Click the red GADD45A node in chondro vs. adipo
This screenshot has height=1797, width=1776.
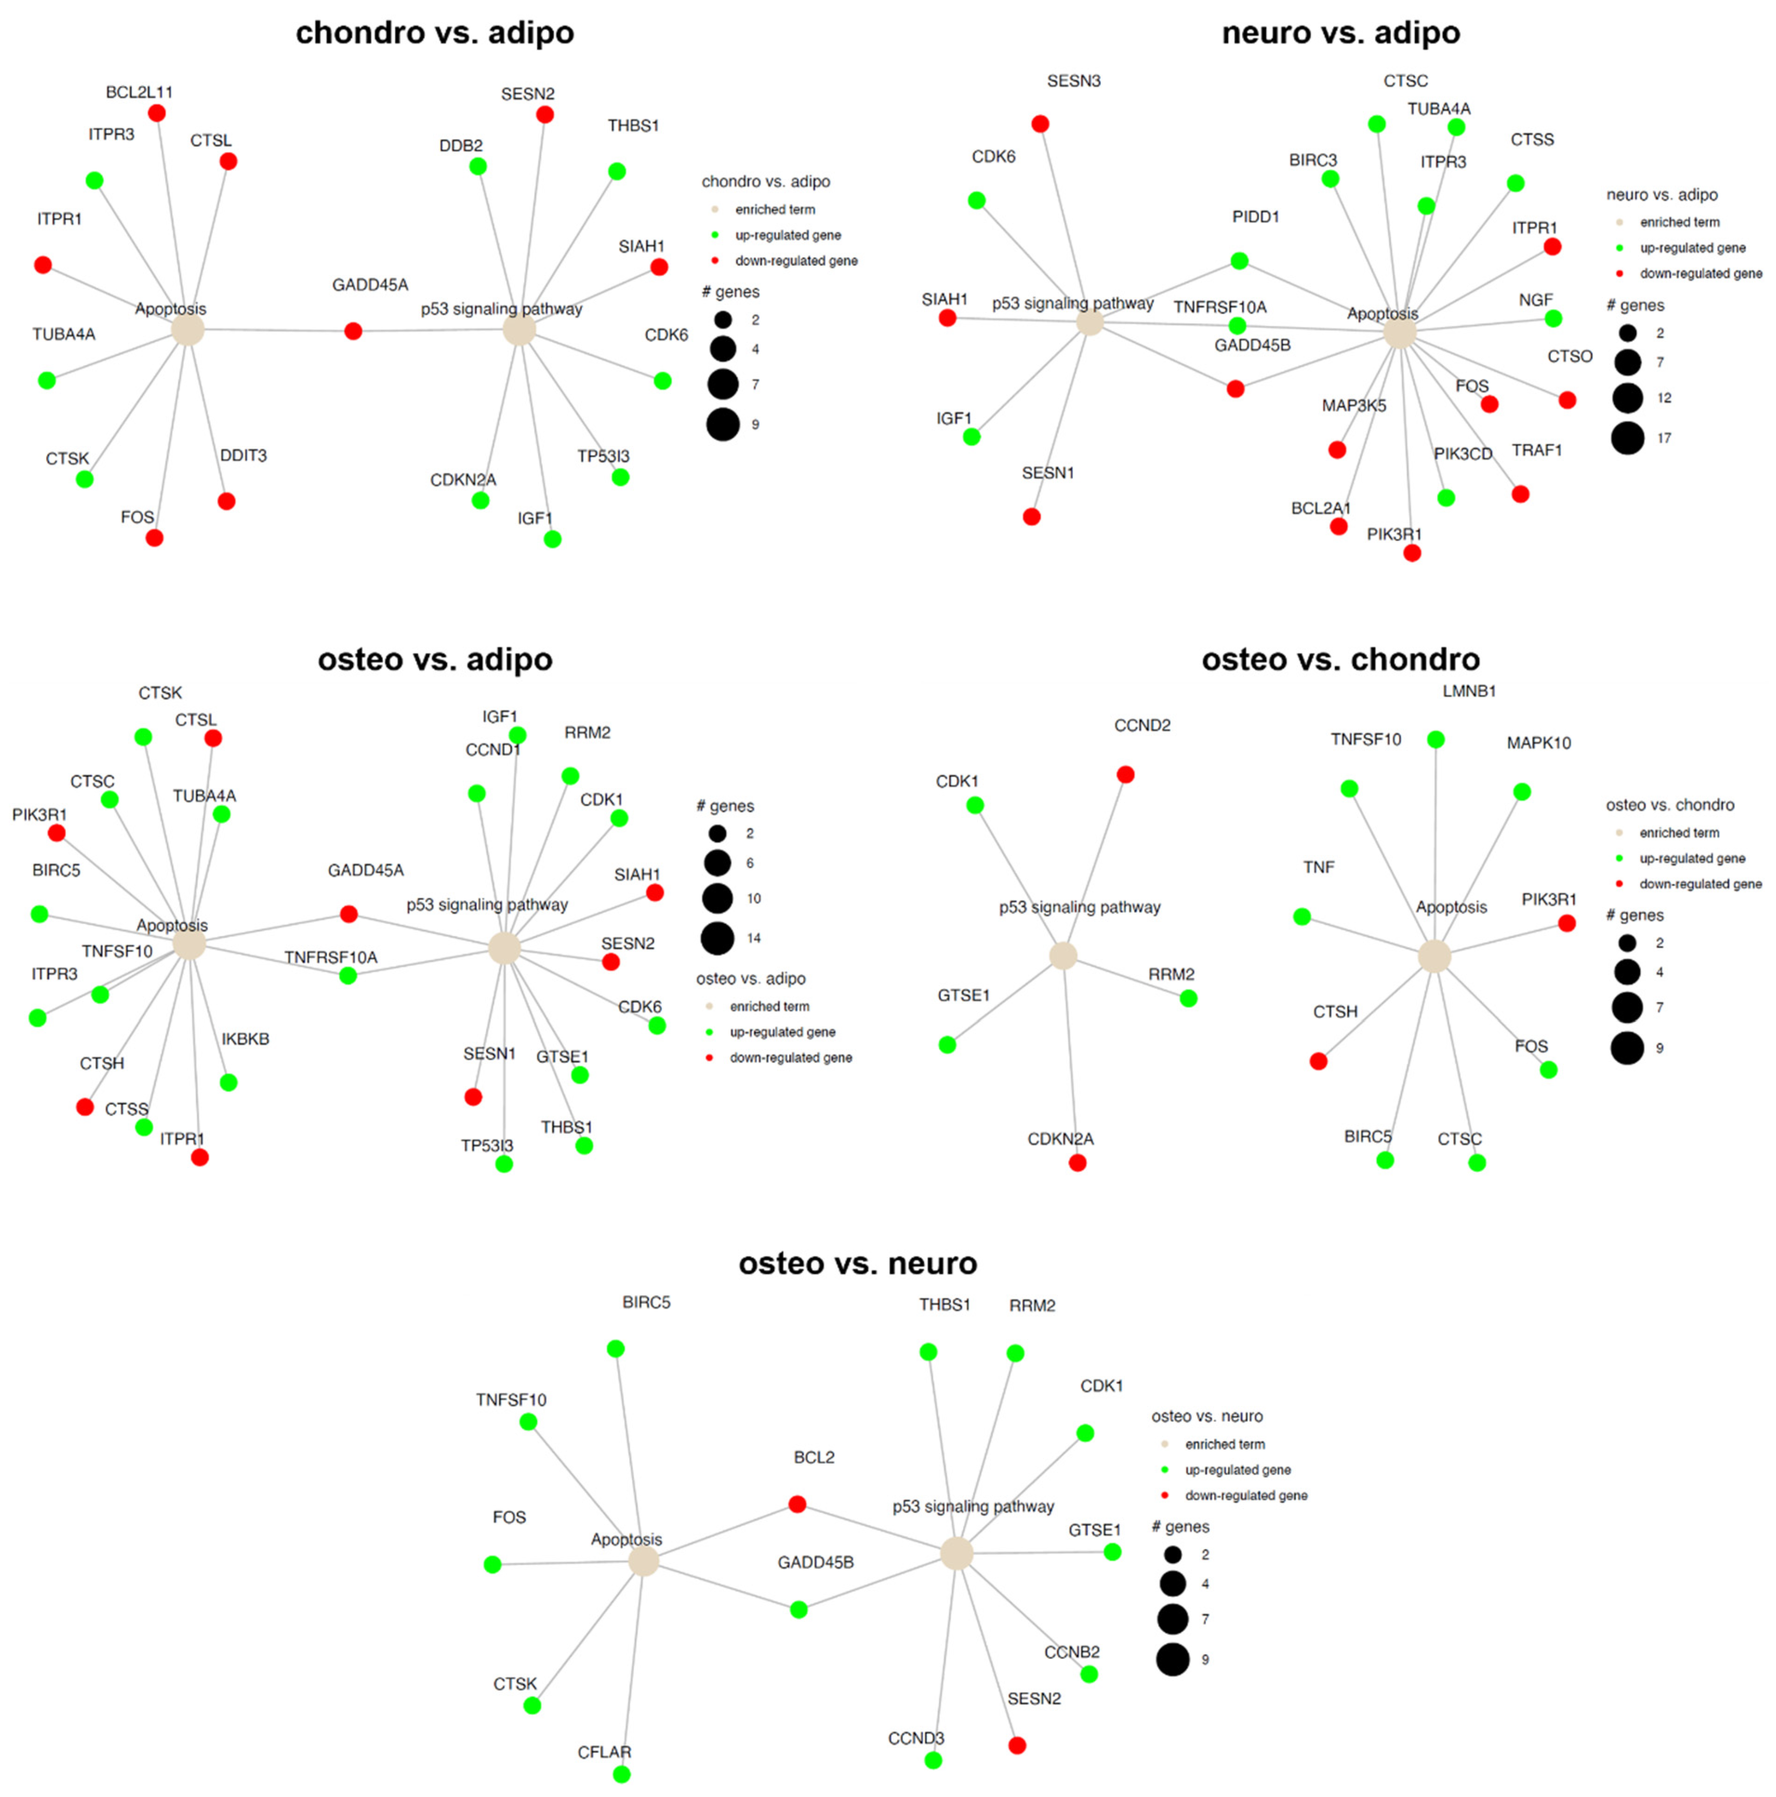point(352,331)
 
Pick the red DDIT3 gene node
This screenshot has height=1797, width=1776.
point(226,502)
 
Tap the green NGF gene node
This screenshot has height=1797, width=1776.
point(1553,318)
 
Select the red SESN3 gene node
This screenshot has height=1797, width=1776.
point(1040,124)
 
